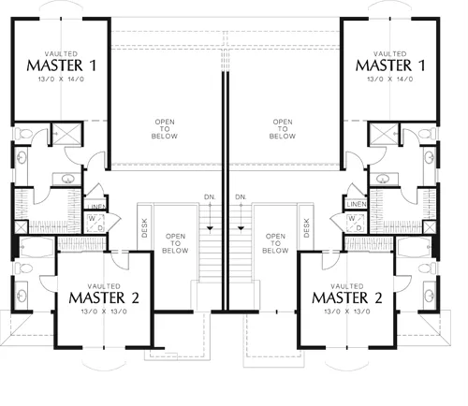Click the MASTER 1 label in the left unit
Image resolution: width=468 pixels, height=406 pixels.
[62, 65]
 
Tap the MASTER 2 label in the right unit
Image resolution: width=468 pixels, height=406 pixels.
[347, 297]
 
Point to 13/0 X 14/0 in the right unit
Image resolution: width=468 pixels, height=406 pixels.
[390, 80]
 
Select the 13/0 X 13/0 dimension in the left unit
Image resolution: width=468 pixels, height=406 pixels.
[104, 312]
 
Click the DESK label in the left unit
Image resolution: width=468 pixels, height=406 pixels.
[144, 228]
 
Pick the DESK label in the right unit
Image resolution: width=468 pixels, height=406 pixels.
[306, 228]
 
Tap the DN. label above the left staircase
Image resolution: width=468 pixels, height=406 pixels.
[210, 197]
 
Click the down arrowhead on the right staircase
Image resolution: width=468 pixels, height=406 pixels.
[241, 228]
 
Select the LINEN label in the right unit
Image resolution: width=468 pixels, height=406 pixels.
[357, 204]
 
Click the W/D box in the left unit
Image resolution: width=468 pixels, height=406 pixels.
[95, 223]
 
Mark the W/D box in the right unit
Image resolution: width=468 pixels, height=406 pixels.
[356, 223]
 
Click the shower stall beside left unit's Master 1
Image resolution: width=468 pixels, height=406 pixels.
[67, 134]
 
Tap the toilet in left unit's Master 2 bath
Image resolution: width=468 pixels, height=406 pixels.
[23, 268]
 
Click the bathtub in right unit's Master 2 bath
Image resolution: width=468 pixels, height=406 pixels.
[414, 247]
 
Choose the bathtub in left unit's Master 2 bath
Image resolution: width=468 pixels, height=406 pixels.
[37, 247]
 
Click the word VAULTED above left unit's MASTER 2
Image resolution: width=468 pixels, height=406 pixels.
[104, 286]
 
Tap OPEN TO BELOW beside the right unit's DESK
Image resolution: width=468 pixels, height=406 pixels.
[275, 243]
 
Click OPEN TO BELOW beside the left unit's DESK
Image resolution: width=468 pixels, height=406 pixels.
[175, 243]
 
